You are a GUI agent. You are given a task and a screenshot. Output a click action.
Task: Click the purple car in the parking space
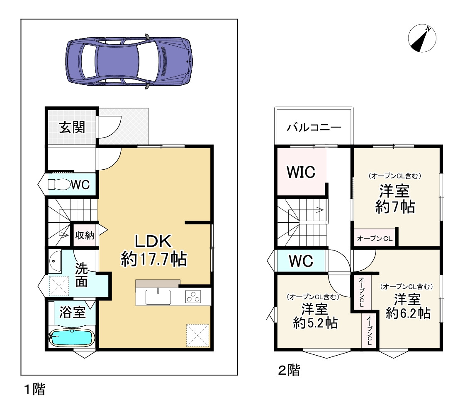click(129, 62)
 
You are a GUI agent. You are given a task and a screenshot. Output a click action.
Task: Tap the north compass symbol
click(422, 39)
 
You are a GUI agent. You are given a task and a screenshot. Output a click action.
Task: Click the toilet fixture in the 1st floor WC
click(59, 185)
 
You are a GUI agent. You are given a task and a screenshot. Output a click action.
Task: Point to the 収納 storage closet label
click(85, 236)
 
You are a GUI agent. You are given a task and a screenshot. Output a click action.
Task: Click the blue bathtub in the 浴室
click(72, 338)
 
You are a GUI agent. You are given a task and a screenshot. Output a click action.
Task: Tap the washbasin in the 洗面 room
click(55, 262)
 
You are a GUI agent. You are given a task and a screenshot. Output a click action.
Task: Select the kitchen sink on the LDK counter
click(158, 297)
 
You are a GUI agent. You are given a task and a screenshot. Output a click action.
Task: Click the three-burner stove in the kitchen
click(193, 297)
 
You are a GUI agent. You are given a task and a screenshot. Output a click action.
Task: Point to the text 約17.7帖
click(153, 259)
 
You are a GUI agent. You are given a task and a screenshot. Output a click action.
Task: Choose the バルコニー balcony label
click(314, 128)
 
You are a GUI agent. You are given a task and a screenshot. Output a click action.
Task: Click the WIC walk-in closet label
click(301, 172)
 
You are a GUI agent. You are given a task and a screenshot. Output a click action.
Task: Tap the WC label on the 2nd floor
click(301, 261)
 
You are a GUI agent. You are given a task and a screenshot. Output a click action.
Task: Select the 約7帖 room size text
click(395, 207)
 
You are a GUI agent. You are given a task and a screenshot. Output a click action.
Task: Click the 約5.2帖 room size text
click(315, 323)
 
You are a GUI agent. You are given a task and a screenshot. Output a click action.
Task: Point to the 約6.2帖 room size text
click(408, 313)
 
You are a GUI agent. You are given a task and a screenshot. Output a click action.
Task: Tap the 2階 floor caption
click(289, 370)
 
